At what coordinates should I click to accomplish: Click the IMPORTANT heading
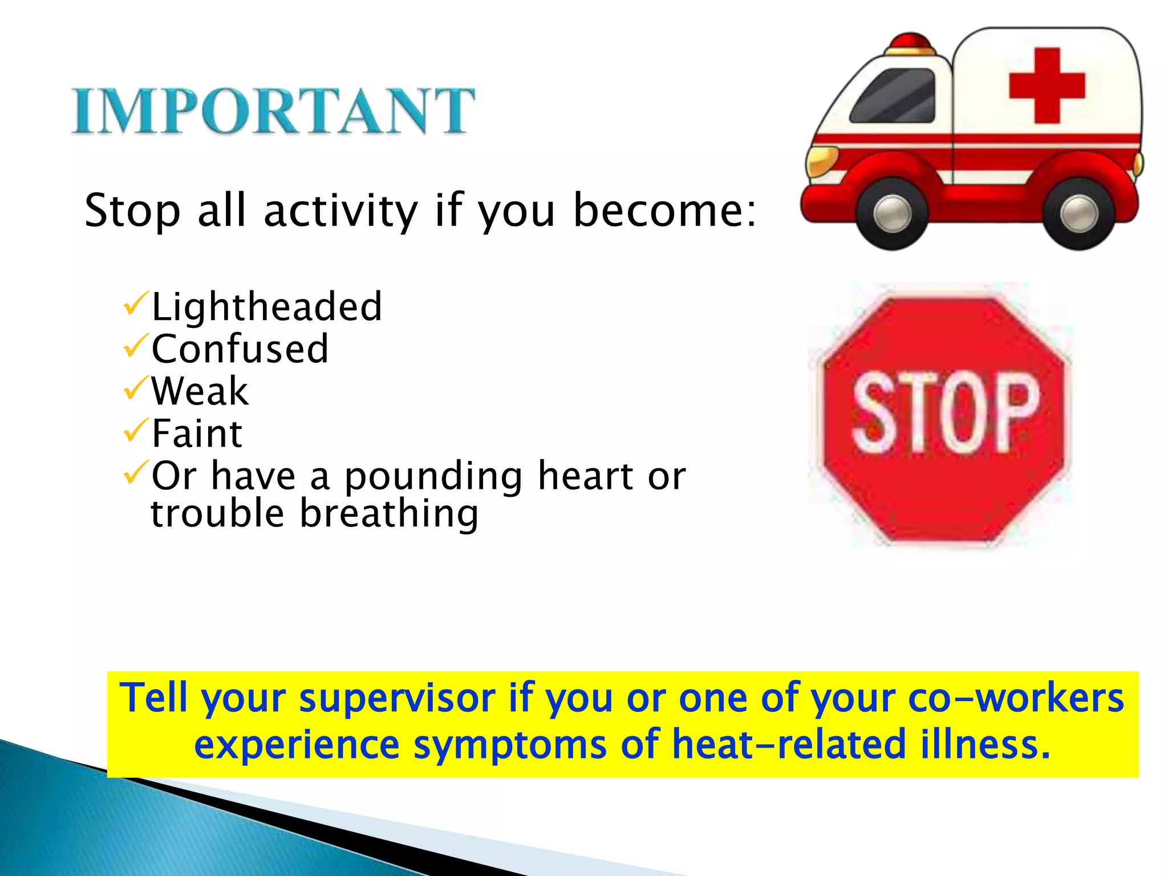point(273,111)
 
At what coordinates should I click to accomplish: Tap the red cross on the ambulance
point(1047,86)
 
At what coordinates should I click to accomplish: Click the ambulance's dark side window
point(894,96)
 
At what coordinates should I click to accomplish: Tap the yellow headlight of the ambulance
point(820,160)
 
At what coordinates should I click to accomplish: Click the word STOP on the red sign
point(944,413)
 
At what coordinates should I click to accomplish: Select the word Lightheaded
point(266,307)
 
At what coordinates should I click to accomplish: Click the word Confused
point(240,349)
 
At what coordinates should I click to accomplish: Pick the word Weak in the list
point(200,391)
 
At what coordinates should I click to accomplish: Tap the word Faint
point(197,433)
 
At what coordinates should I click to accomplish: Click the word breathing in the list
point(389,513)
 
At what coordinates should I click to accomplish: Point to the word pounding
point(433,477)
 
